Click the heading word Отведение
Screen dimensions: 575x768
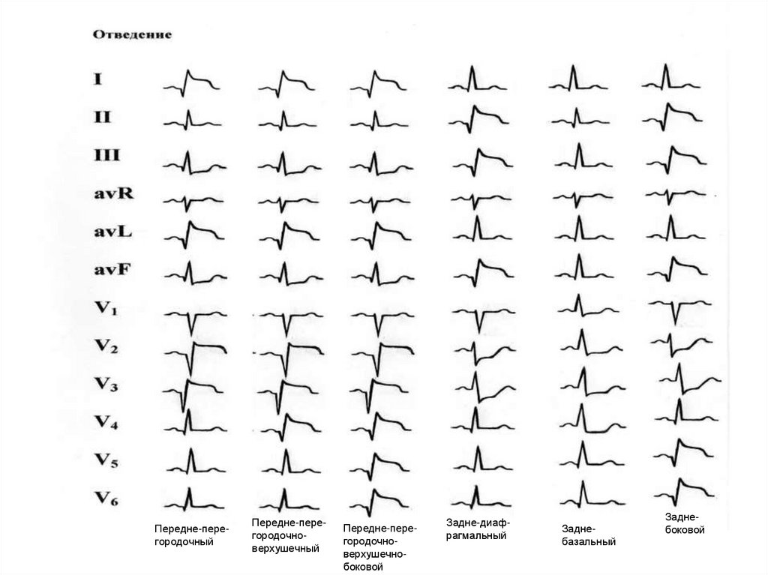point(133,35)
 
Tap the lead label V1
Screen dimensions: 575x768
point(105,309)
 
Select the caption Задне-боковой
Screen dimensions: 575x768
point(683,523)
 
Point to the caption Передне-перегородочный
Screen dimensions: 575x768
point(191,535)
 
